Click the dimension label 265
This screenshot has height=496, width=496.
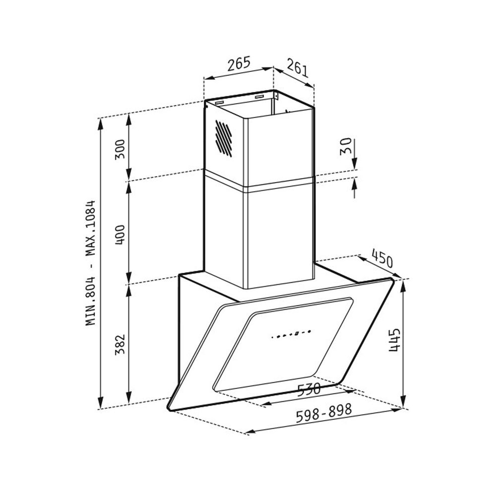point(239,63)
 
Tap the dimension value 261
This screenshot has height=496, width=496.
point(297,67)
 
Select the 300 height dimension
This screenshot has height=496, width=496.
point(120,149)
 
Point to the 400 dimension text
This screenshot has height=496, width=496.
point(120,235)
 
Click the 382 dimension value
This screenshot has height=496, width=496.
point(120,345)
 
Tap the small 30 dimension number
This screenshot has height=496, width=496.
point(345,146)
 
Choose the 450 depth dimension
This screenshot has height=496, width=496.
point(382,258)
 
